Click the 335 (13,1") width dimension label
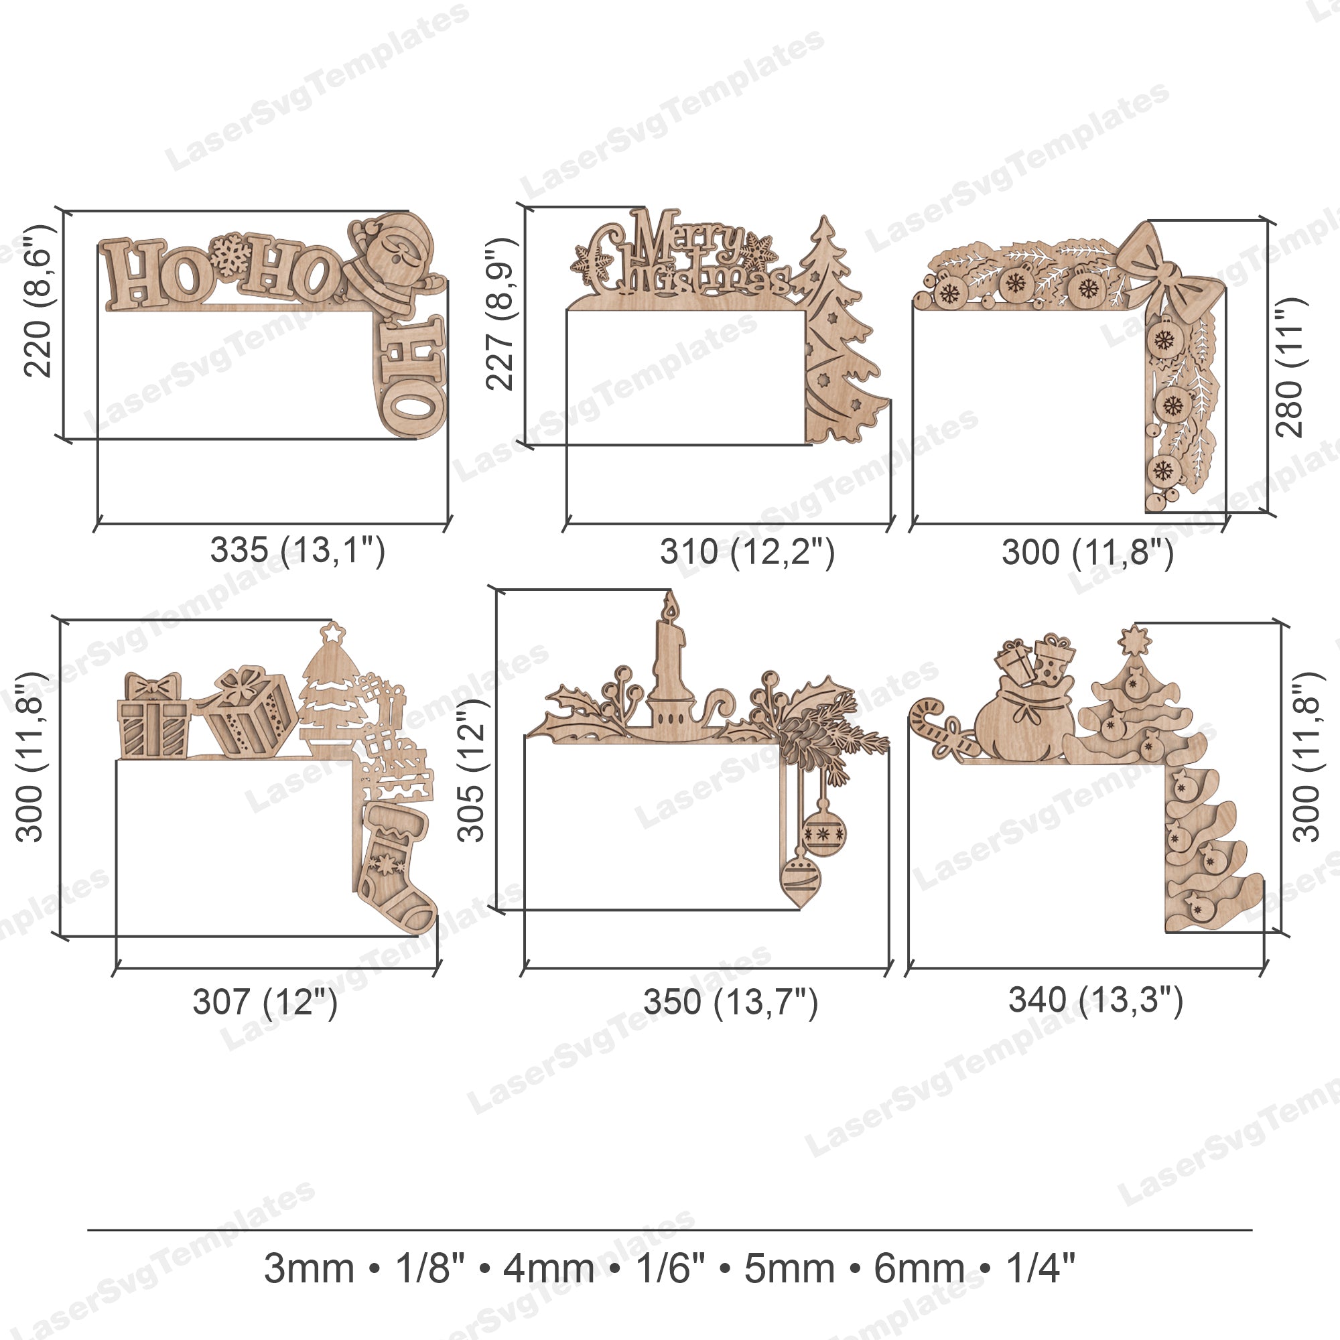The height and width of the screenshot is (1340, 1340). pyautogui.click(x=297, y=551)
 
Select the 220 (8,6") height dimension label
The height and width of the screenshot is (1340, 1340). pyautogui.click(x=38, y=300)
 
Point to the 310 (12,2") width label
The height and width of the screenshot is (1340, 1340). pyautogui.click(x=747, y=552)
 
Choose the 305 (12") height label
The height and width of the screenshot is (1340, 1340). pyautogui.click(x=472, y=770)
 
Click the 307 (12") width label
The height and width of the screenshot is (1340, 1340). pyautogui.click(x=265, y=1002)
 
